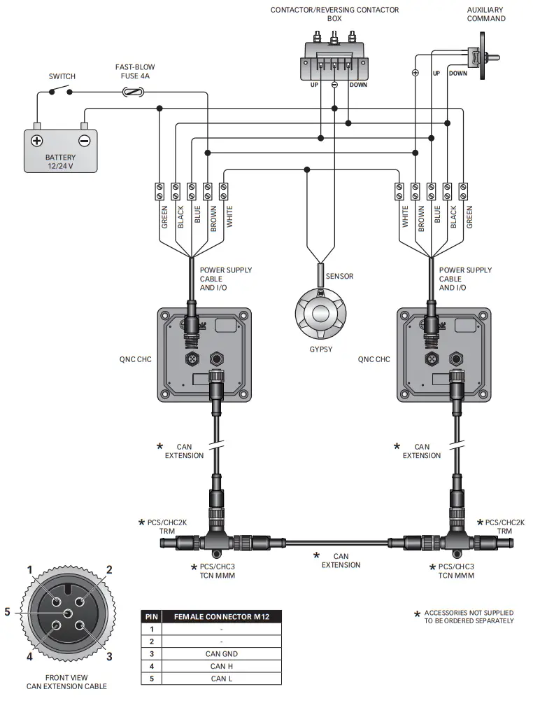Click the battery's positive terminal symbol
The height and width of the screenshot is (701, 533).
tap(37, 140)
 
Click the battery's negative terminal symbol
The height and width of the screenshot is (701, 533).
tap(84, 140)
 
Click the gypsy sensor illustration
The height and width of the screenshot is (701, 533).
tap(321, 313)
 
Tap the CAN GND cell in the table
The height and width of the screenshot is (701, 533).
tap(222, 653)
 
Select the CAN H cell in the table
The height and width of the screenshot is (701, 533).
tap(222, 665)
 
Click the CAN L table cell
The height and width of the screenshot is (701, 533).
tap(222, 678)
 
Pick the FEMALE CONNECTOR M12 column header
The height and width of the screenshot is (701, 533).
tap(222, 616)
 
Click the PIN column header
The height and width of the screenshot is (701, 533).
tap(151, 616)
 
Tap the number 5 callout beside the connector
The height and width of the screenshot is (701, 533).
tap(8, 611)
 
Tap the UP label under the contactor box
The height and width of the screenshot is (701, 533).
tap(315, 85)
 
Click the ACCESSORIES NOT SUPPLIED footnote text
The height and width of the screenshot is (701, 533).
tap(469, 616)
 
